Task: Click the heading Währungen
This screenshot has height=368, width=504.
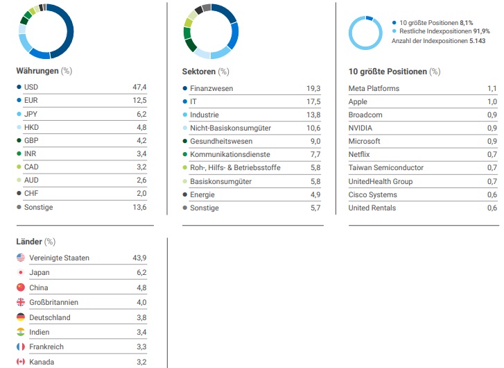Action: coord(37,71)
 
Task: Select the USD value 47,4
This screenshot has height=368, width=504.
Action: coord(139,87)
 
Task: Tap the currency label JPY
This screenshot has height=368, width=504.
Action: coord(31,114)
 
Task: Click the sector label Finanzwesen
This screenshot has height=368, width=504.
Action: coord(211,88)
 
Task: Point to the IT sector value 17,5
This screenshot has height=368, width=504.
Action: coord(313,101)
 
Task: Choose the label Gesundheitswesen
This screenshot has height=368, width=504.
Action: coord(220,141)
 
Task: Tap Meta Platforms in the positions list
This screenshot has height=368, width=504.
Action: coord(374,88)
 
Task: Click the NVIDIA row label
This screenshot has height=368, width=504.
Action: coord(360,128)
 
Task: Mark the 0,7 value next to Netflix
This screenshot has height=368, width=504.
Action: coord(492,154)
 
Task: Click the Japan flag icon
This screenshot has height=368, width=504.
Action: coord(20,273)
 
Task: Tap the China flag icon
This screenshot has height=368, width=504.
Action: coord(20,287)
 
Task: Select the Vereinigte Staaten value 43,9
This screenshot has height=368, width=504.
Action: coord(139,258)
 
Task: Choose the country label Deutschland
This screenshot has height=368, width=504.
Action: coord(50,317)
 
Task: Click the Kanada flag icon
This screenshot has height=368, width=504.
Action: coord(20,362)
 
